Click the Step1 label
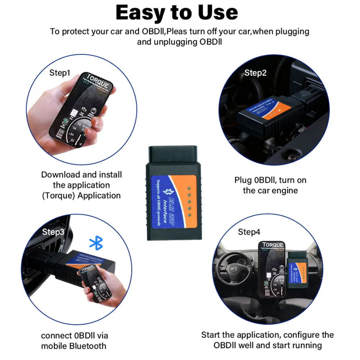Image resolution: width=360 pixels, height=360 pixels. [60, 73]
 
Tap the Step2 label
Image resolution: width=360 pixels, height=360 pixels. [255, 73]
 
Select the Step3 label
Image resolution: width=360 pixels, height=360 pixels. [53, 232]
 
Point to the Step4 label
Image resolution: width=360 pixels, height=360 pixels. [249, 232]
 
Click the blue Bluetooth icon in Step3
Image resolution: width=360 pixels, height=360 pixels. [96, 243]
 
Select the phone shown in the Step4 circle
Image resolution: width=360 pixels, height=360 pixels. [272, 268]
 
